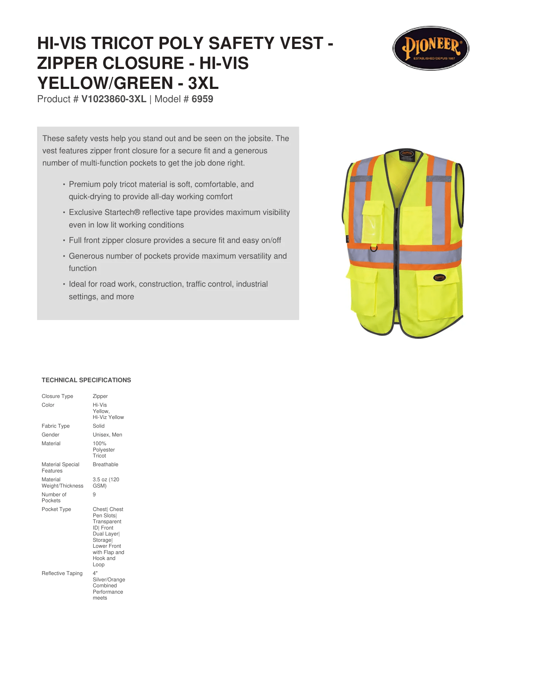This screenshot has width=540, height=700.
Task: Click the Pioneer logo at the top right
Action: [431, 48]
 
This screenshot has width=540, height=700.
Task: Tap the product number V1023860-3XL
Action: [114, 99]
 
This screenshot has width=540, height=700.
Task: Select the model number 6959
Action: [202, 99]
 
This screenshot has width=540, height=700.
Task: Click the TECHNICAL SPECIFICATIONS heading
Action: [86, 380]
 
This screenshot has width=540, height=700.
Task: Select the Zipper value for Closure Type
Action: [100, 396]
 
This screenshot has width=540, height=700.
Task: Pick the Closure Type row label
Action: [57, 396]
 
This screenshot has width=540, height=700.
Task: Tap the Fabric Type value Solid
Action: [99, 426]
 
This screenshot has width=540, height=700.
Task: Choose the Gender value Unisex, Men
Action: [107, 435]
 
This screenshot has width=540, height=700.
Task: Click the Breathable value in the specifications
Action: [105, 464]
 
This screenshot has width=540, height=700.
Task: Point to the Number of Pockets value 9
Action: [94, 495]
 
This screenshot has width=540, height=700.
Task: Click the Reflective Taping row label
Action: [62, 573]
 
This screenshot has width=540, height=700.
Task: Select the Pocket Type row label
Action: [56, 509]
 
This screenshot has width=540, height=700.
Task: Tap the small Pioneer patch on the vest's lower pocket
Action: [439, 278]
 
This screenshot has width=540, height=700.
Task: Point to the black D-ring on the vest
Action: [374, 248]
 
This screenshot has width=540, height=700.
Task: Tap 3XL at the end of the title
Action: [203, 83]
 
